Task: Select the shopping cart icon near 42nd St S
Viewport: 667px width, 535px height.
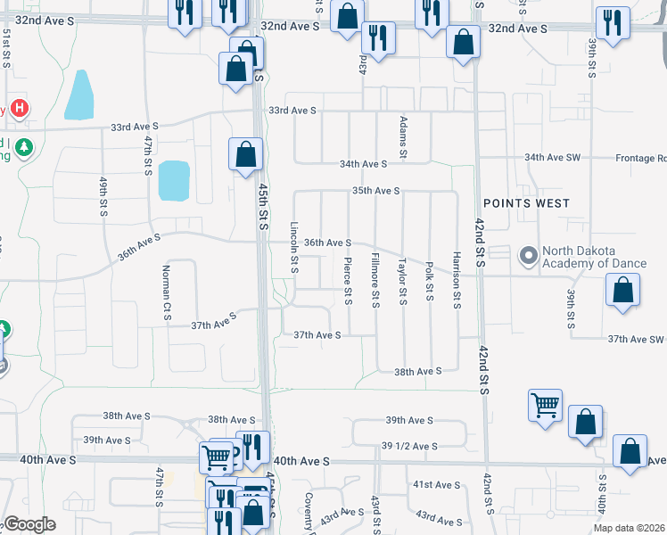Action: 545,405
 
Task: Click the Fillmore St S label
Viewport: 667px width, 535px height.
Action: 375,280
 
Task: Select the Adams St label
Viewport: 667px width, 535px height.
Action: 403,137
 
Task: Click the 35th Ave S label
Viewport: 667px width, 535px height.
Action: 375,191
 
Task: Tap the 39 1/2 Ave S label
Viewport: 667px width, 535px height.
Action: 409,446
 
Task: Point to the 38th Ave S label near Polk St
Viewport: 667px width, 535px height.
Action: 419,371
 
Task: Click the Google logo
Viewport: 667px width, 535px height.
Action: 29,524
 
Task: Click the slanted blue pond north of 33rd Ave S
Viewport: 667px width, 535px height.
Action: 78,95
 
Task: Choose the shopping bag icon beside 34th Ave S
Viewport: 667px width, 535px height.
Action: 245,154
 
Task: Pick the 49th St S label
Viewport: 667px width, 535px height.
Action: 103,199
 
